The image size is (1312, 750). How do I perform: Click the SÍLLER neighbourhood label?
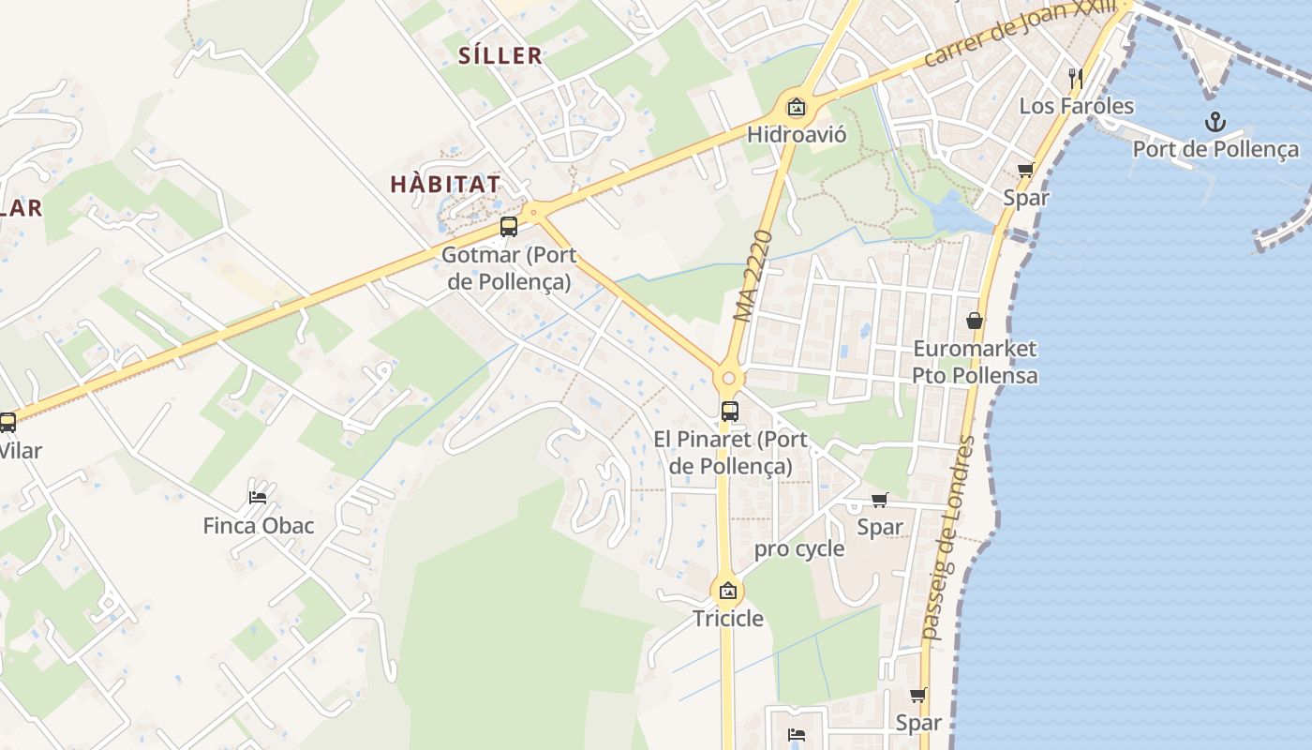click(500, 55)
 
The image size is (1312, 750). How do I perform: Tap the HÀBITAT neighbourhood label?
click(445, 184)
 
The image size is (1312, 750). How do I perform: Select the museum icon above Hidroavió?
click(797, 108)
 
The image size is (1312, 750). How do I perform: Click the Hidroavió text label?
click(797, 135)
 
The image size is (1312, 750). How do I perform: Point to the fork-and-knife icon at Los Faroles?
click(1076, 78)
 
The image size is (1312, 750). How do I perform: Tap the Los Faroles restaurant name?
click(1076, 106)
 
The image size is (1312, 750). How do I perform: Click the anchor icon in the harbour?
click(1215, 121)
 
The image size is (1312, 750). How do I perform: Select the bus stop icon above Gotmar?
click(508, 227)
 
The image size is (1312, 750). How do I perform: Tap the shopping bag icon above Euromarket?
click(975, 321)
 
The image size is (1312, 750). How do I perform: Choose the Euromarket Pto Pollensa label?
click(975, 362)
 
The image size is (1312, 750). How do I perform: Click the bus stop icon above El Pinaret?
click(729, 411)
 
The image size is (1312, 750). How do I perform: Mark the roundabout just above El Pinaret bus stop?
click(728, 379)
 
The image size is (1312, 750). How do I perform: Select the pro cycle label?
click(799, 549)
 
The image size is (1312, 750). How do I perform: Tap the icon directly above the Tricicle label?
click(728, 591)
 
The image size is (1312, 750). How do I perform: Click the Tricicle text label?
click(728, 619)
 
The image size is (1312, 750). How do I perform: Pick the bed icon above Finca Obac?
click(258, 497)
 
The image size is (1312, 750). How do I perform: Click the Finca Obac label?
click(259, 526)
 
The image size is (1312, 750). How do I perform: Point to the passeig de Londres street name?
click(948, 538)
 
